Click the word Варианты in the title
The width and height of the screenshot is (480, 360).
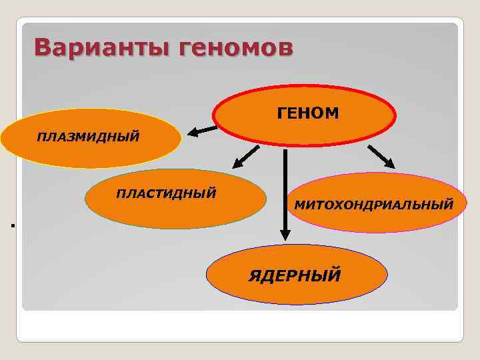96,47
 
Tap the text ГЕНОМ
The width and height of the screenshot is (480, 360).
308,114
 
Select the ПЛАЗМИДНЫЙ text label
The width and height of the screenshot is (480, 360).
89,137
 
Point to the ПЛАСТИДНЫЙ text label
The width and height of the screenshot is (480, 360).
166,193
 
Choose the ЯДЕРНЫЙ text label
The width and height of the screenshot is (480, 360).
295,274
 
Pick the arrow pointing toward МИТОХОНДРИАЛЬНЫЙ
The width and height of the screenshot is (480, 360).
382,157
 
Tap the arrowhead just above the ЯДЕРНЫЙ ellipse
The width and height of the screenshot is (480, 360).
285,234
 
